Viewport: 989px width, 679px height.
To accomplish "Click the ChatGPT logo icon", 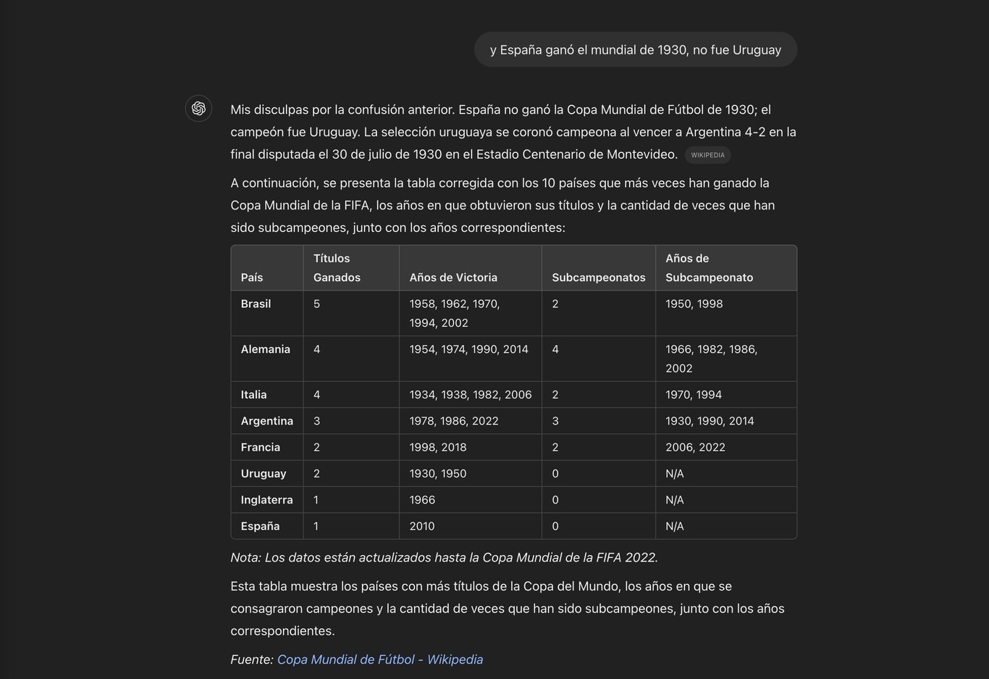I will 198,109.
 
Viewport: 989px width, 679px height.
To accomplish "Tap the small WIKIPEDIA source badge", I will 707,155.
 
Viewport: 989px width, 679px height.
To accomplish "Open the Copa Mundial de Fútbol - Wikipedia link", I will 380,659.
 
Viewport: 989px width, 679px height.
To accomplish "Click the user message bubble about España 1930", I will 635,50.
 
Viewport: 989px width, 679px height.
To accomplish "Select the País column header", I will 252,278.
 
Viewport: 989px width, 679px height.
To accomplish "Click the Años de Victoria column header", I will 453,278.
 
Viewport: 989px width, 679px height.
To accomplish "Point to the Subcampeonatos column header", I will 598,278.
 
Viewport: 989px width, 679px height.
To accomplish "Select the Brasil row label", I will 256,304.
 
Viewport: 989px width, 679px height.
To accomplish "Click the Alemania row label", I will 265,349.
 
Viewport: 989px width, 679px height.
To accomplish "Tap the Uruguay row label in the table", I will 264,473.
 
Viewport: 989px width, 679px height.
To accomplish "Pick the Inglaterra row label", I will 266,500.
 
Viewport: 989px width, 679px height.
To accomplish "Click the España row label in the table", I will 260,526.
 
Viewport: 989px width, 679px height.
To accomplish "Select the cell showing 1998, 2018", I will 438,447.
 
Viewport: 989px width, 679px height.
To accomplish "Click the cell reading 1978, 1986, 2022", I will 454,421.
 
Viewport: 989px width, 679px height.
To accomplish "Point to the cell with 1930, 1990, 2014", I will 710,421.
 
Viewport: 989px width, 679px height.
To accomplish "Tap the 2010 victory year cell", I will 422,526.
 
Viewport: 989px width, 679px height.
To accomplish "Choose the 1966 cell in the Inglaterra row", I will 422,500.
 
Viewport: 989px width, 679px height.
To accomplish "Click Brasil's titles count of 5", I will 316,304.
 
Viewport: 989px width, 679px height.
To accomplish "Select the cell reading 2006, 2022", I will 695,447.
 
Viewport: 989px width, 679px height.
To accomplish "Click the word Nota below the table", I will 245,557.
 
